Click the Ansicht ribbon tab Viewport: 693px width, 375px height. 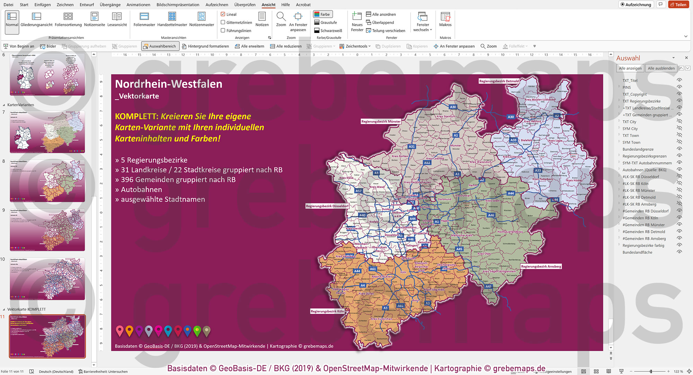pos(268,5)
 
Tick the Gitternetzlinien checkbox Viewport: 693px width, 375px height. pos(223,23)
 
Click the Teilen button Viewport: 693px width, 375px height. pos(678,5)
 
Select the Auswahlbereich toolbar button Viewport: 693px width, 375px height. pos(160,46)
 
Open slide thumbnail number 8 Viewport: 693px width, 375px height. pos(47,181)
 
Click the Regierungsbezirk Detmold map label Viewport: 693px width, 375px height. pos(499,81)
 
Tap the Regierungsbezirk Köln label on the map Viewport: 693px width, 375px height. pos(327,311)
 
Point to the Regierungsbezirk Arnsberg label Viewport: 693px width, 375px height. pos(541,267)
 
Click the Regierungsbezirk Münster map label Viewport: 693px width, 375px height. pos(381,122)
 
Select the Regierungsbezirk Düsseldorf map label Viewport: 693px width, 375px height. pos(327,206)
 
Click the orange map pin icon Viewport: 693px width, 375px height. pos(129,331)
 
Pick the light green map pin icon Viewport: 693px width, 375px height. pos(197,331)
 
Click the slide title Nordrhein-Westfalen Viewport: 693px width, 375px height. pos(168,84)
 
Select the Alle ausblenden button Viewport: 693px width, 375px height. pos(661,68)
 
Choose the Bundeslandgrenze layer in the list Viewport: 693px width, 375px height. pos(638,149)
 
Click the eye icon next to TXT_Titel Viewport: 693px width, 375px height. pos(679,80)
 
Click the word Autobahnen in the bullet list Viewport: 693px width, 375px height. pos(141,190)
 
